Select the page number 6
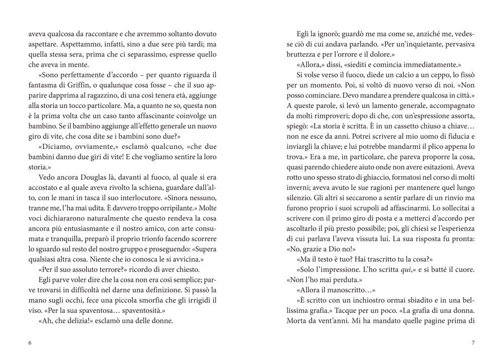click(30, 343)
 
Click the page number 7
click(472, 343)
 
